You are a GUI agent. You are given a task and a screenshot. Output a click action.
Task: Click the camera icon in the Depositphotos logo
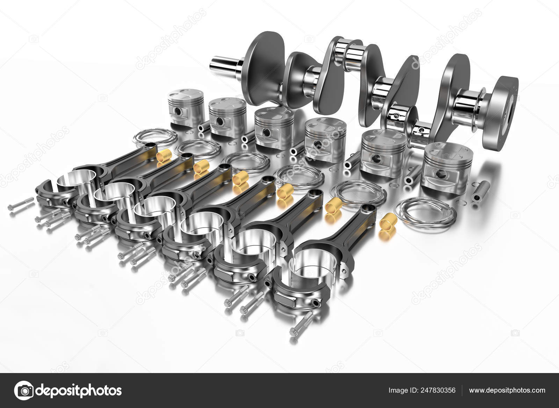pyautogui.click(x=24, y=390)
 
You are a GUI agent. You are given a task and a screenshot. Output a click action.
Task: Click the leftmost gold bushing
pyautogui.click(x=163, y=154)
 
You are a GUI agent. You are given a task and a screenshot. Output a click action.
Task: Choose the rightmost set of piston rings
pyautogui.click(x=424, y=212)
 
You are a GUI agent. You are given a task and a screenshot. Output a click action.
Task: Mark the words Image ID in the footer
pyautogui.click(x=401, y=390)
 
